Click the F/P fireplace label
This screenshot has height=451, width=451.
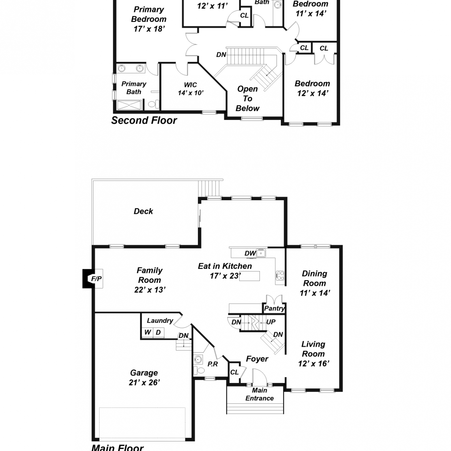[96, 279]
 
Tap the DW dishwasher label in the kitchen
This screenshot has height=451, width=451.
[250, 253]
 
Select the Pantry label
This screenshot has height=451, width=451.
[274, 308]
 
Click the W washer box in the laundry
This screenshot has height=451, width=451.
[147, 332]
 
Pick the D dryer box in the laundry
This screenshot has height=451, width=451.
[158, 332]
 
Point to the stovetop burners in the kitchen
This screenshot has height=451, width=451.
[280, 276]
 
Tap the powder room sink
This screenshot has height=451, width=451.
[198, 359]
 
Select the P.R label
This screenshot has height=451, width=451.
[213, 364]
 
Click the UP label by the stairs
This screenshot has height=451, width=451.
[271, 322]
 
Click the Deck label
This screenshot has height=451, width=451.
[143, 211]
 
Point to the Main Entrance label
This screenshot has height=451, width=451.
[259, 394]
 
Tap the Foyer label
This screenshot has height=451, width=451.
[257, 359]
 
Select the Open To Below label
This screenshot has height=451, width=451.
[247, 99]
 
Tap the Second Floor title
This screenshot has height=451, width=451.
[144, 120]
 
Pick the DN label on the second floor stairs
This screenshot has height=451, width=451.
[221, 55]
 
